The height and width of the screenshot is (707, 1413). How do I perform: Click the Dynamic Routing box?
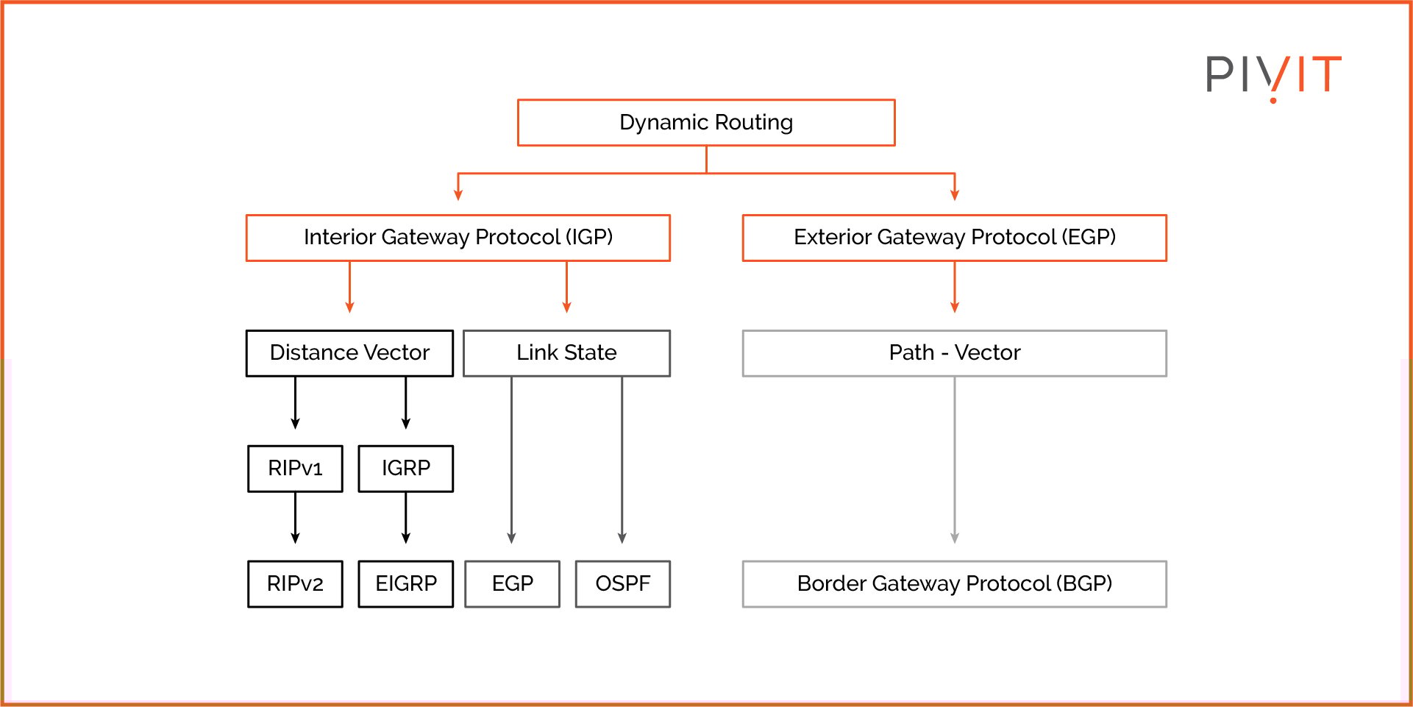(706, 123)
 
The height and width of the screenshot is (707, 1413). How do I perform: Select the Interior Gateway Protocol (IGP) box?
(458, 238)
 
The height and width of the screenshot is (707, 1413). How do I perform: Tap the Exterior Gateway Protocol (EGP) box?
(954, 238)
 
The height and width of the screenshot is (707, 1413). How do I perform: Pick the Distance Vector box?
(349, 353)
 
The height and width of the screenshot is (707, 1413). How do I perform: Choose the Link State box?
(566, 353)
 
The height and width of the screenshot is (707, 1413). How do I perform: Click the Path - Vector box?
(954, 353)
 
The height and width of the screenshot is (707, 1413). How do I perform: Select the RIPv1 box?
(295, 469)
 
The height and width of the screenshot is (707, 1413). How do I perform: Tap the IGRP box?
(405, 469)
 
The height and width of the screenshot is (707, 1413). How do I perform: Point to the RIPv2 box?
(295, 584)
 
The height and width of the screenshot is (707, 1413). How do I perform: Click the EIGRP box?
(405, 584)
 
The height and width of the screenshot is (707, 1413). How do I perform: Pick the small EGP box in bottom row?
(512, 584)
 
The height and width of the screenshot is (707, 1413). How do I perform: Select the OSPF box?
(622, 584)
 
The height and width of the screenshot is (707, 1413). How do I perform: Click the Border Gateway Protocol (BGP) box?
(954, 584)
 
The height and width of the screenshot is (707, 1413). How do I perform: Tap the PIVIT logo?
(1273, 76)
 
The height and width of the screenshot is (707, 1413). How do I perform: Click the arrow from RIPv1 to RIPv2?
(295, 518)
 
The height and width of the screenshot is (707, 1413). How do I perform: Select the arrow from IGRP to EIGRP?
(405, 518)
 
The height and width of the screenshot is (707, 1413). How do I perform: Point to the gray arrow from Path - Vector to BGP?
(954, 460)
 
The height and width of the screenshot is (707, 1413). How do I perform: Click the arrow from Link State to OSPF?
(622, 460)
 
